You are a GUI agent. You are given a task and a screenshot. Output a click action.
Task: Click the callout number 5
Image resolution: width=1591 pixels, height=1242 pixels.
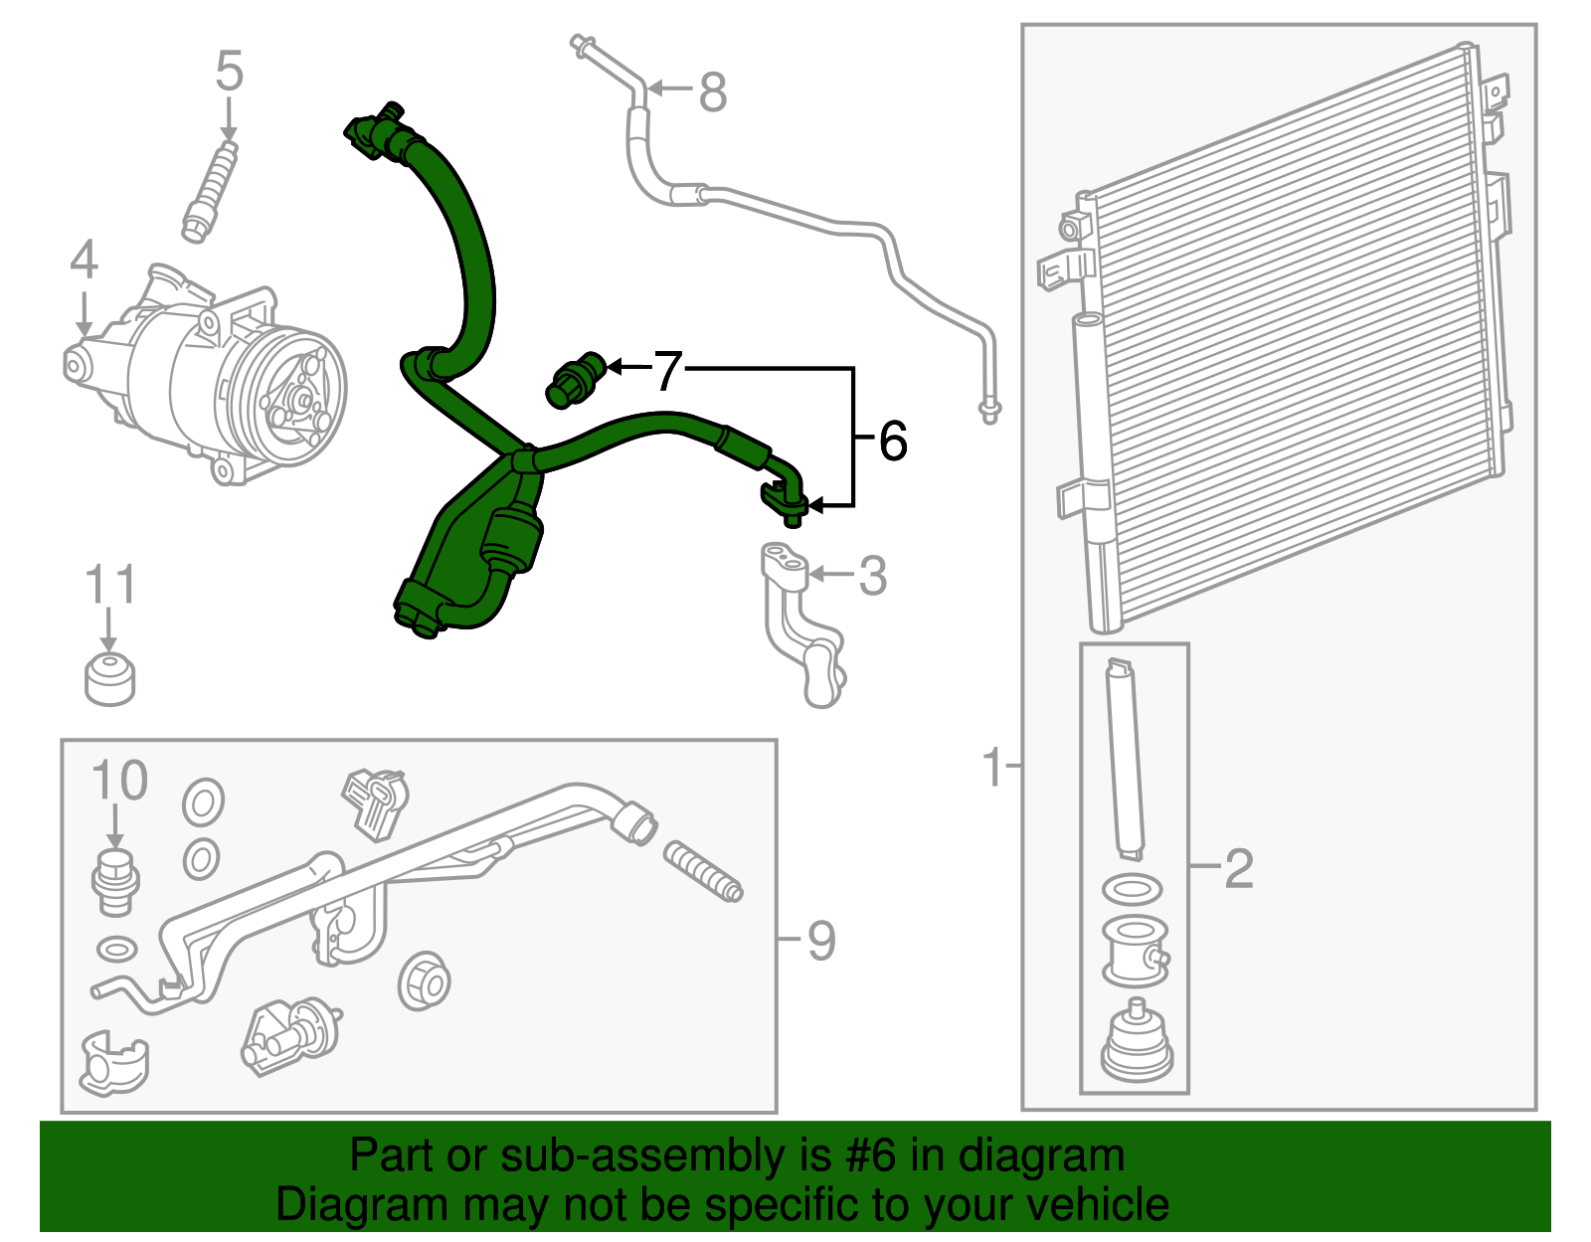click(x=229, y=72)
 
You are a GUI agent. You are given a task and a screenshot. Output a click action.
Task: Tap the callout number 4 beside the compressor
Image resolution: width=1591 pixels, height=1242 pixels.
click(x=84, y=260)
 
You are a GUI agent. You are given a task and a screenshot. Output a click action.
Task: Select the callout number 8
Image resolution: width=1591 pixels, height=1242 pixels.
click(x=713, y=92)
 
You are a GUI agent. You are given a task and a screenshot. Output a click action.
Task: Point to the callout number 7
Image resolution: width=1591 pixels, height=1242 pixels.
click(x=667, y=370)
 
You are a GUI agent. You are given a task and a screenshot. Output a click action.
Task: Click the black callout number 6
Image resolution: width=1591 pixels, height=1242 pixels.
click(x=892, y=441)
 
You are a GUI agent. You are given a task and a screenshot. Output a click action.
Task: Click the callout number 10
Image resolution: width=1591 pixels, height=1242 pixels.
click(x=119, y=781)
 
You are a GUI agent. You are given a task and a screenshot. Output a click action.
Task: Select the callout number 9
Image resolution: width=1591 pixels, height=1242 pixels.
click(x=820, y=940)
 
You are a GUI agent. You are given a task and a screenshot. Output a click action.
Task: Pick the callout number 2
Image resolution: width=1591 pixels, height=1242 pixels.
click(x=1238, y=868)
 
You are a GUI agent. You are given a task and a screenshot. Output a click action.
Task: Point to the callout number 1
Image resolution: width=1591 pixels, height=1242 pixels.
click(x=992, y=767)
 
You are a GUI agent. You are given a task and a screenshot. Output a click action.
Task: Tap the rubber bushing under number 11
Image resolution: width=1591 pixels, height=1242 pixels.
click(x=109, y=679)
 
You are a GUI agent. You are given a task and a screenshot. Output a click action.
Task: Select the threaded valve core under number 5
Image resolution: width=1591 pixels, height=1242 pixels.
click(x=211, y=190)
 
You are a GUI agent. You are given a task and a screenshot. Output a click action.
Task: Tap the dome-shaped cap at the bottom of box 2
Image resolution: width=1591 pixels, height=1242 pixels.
click(x=1136, y=1044)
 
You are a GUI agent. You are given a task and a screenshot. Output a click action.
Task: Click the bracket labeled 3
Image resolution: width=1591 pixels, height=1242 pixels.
click(x=803, y=626)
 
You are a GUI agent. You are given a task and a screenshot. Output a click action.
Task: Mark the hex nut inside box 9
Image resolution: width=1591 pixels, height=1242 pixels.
click(x=425, y=981)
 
